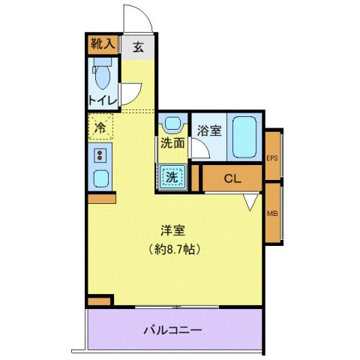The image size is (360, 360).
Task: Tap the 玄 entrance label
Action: coord(139,46)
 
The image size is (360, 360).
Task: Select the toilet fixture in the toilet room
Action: coord(102,76)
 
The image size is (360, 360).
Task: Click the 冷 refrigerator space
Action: coord(99,128)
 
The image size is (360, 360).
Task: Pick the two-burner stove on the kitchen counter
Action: coord(99,156)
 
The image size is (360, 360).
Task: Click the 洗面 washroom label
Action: coord(172,144)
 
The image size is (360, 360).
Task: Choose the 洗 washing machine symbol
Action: coord(172,177)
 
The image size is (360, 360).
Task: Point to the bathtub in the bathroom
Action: coord(244,136)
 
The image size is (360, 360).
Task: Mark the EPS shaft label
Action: coord(272,157)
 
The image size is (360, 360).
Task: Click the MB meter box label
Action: coord(272,213)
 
